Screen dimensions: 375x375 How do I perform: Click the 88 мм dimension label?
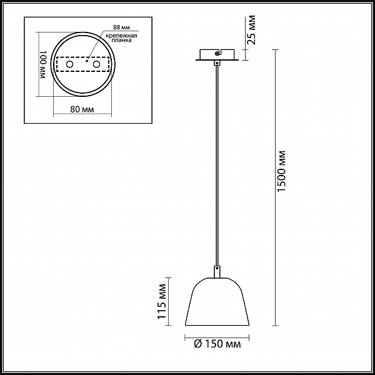point(121,27)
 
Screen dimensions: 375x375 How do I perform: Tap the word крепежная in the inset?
point(121,36)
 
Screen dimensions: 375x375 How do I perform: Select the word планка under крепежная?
point(121,40)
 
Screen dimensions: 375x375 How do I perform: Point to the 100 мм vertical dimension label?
point(42,65)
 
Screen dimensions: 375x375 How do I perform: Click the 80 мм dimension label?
point(82,109)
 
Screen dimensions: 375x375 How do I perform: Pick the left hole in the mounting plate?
point(70,64)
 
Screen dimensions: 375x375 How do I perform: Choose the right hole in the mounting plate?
point(97,64)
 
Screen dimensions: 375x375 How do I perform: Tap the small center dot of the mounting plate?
point(87,61)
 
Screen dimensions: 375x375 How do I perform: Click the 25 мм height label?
point(251,30)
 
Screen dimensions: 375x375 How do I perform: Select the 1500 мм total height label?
point(281,171)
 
